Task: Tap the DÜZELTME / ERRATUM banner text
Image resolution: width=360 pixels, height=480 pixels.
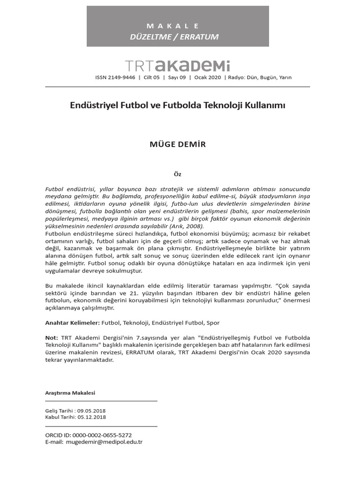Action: coord(174,37)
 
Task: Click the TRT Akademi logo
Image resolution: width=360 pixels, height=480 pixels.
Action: coord(177,66)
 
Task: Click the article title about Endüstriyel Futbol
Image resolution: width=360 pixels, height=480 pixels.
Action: coord(177,106)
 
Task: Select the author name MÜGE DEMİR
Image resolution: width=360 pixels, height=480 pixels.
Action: coord(177,144)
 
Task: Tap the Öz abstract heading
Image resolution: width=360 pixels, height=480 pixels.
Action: coord(177,174)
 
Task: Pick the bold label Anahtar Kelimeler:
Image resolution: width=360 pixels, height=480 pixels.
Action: coord(72,322)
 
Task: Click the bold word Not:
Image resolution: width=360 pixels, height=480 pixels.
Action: coord(52,337)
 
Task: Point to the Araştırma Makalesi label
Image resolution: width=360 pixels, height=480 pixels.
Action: coord(70,393)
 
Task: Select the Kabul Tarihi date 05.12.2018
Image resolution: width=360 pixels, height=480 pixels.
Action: coord(92,417)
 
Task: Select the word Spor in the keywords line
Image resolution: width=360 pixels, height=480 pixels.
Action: coord(212,322)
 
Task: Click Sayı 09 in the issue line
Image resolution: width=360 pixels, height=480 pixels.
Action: coord(177,78)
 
